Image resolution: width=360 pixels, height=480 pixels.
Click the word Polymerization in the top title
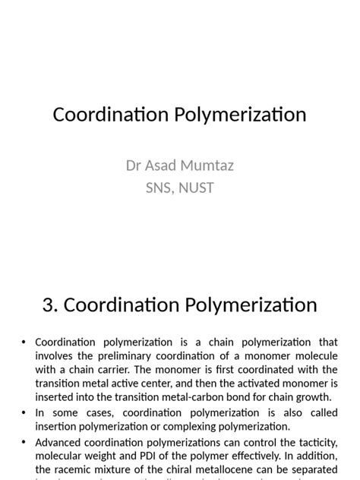click(x=242, y=115)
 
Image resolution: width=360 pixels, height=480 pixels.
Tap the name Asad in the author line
click(x=162, y=166)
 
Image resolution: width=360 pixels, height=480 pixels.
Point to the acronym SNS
click(x=159, y=187)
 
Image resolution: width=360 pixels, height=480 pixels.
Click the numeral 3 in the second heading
click(x=49, y=305)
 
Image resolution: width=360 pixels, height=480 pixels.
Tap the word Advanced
click(x=62, y=442)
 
